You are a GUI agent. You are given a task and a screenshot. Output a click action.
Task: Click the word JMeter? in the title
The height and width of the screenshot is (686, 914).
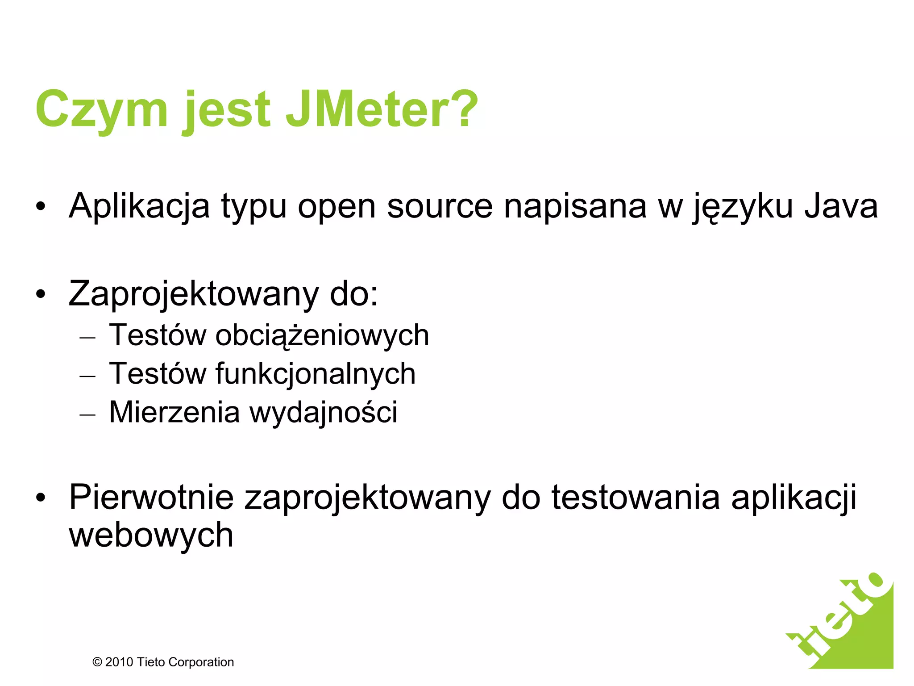(x=382, y=110)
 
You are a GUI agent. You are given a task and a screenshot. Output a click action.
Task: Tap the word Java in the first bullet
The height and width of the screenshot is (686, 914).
(x=841, y=206)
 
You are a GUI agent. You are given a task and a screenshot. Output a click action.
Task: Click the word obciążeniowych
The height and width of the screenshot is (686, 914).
(x=322, y=336)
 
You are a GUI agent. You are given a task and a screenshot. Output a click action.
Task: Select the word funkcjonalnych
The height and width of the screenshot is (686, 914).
(x=316, y=374)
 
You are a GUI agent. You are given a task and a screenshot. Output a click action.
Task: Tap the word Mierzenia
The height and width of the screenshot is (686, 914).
(x=174, y=412)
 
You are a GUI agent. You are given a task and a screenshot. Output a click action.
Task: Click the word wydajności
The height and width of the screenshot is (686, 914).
(x=323, y=413)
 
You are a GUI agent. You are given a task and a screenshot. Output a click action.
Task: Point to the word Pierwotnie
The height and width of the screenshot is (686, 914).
(x=151, y=497)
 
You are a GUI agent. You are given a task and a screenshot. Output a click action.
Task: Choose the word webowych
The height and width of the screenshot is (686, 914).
(x=151, y=535)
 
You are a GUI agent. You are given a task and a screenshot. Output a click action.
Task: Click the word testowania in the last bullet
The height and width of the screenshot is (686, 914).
(x=636, y=497)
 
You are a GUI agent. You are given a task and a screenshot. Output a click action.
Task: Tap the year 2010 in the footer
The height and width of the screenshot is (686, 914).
(x=119, y=662)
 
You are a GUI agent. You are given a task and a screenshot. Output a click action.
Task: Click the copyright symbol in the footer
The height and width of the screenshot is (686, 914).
(x=97, y=662)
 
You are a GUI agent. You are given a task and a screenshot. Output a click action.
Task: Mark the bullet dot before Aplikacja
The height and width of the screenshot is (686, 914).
(x=41, y=207)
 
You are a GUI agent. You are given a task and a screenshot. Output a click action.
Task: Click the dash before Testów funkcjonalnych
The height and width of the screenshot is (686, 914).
(x=87, y=376)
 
